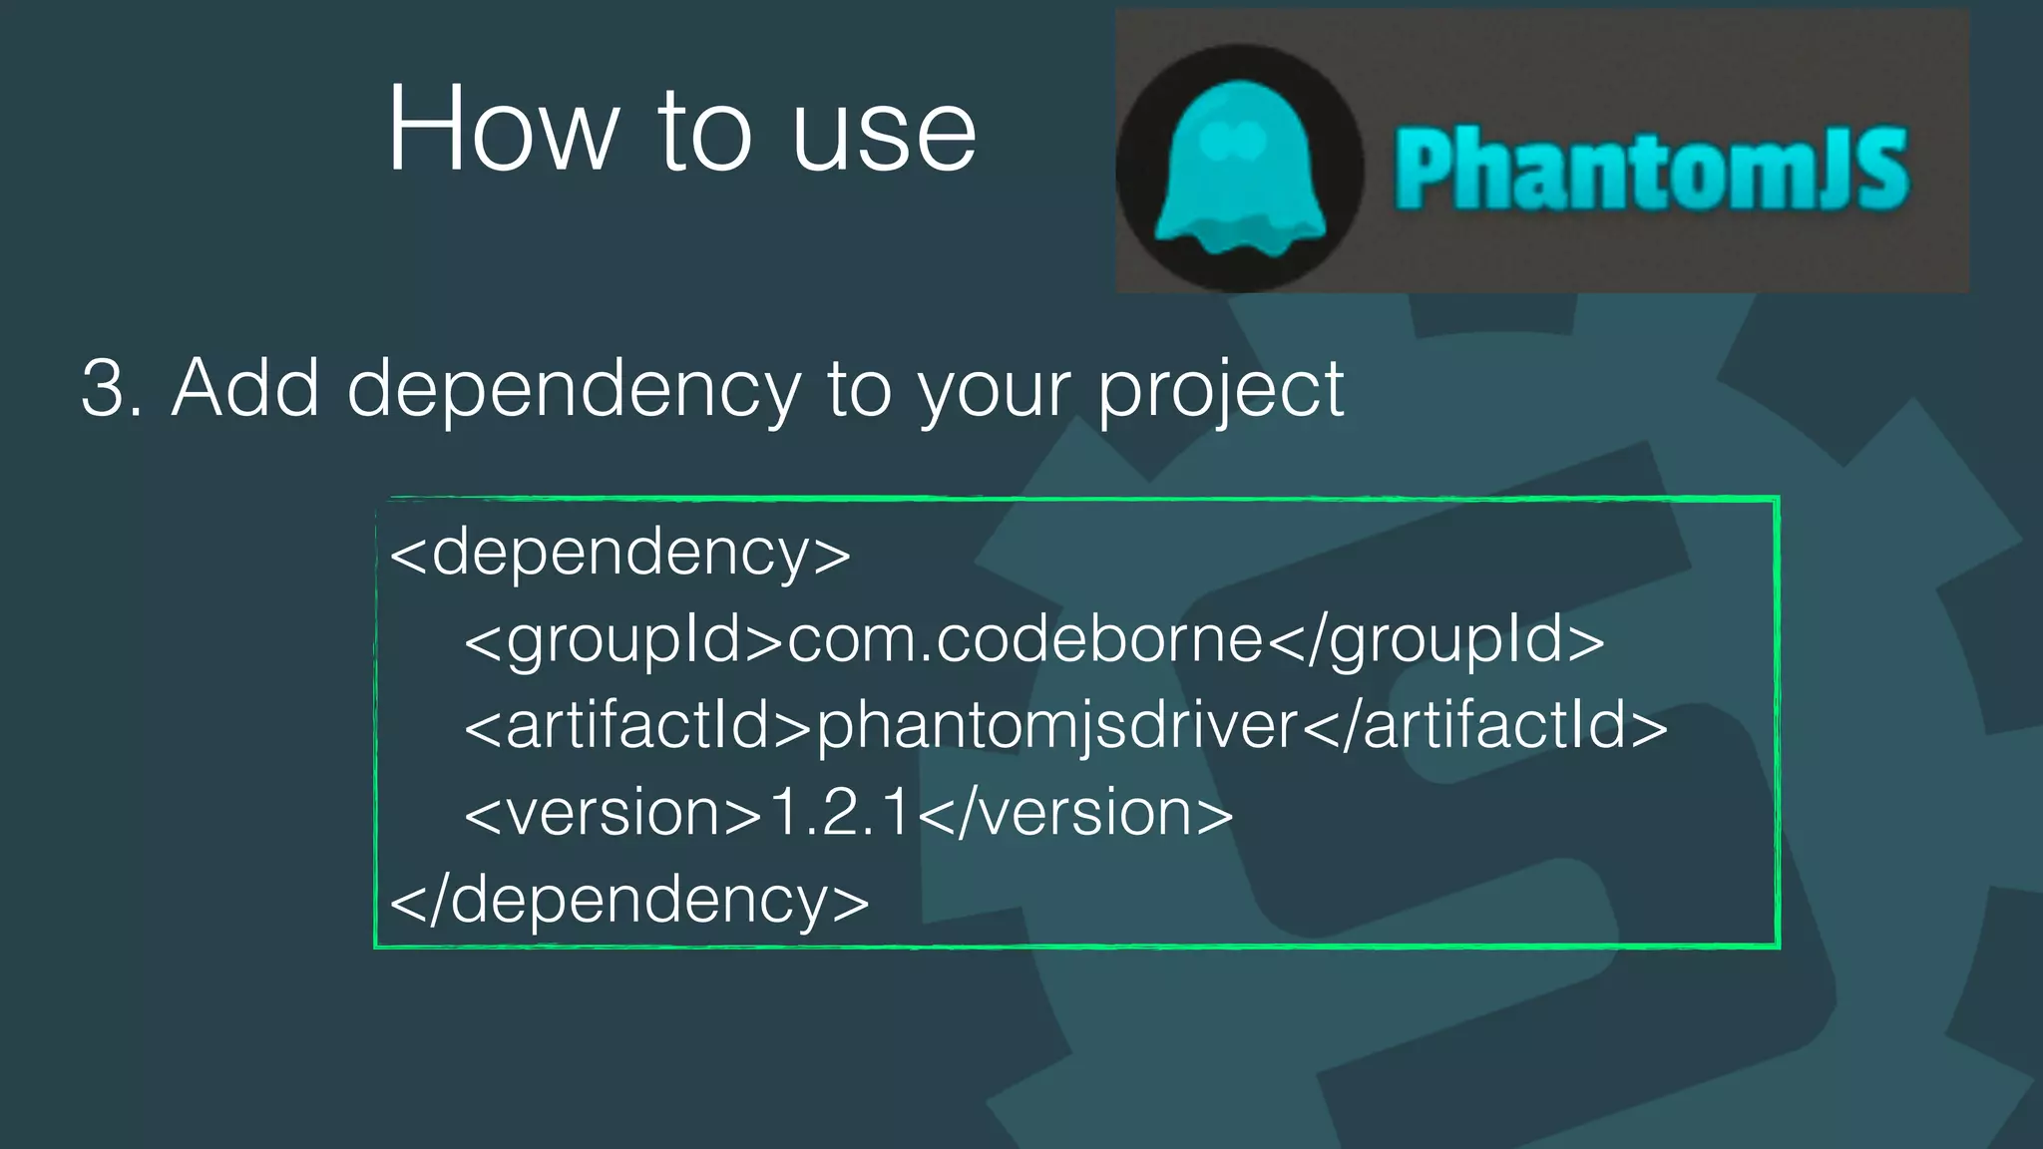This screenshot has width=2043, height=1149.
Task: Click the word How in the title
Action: click(x=504, y=132)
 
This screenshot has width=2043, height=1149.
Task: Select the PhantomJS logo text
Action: click(x=1651, y=170)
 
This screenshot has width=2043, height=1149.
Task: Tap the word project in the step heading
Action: click(x=1221, y=391)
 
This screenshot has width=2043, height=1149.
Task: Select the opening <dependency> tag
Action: click(x=619, y=553)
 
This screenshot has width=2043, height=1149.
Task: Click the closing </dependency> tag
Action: click(x=629, y=900)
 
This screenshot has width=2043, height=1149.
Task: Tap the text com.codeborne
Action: click(x=1025, y=639)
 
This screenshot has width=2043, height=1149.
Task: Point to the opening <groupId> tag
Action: click(x=624, y=641)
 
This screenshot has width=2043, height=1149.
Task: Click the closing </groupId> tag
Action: click(x=1436, y=641)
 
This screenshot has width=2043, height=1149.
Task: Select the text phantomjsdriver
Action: click(x=1057, y=727)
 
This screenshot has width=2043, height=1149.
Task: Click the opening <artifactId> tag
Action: click(x=638, y=726)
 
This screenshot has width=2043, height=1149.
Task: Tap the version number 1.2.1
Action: click(x=840, y=813)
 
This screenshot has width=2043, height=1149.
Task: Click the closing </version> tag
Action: click(x=1075, y=813)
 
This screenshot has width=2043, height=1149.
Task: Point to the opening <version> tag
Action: click(x=613, y=813)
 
